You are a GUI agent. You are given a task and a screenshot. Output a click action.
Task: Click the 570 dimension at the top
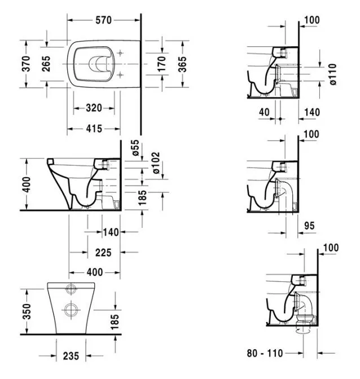103,20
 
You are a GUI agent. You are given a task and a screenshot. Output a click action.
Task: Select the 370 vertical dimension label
27,64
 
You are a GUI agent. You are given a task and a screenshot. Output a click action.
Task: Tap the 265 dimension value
46,64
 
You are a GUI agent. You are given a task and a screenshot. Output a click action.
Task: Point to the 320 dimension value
94,108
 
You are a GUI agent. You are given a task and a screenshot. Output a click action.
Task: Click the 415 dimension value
94,129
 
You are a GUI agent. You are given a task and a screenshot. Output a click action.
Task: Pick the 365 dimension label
182,64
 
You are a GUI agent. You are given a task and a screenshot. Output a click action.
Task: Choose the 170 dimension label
161,64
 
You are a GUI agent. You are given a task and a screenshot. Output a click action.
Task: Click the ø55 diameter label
135,148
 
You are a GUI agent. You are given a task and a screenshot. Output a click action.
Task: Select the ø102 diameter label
156,162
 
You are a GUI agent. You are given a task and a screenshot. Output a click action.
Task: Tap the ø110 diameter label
333,74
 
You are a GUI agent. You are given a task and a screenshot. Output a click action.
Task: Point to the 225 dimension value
103,253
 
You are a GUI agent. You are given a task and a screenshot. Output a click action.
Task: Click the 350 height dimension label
27,312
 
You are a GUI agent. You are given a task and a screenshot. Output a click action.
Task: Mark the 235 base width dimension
71,356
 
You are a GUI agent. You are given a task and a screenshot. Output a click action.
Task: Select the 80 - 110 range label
265,354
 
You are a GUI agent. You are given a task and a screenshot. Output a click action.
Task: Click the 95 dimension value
309,226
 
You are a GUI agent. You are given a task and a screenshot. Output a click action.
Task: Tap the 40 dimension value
264,112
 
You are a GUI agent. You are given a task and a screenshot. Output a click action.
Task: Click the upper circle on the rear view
71,289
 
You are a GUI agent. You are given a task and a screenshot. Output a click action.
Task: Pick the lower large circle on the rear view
71,309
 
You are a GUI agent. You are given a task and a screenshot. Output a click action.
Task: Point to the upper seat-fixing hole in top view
120,53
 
